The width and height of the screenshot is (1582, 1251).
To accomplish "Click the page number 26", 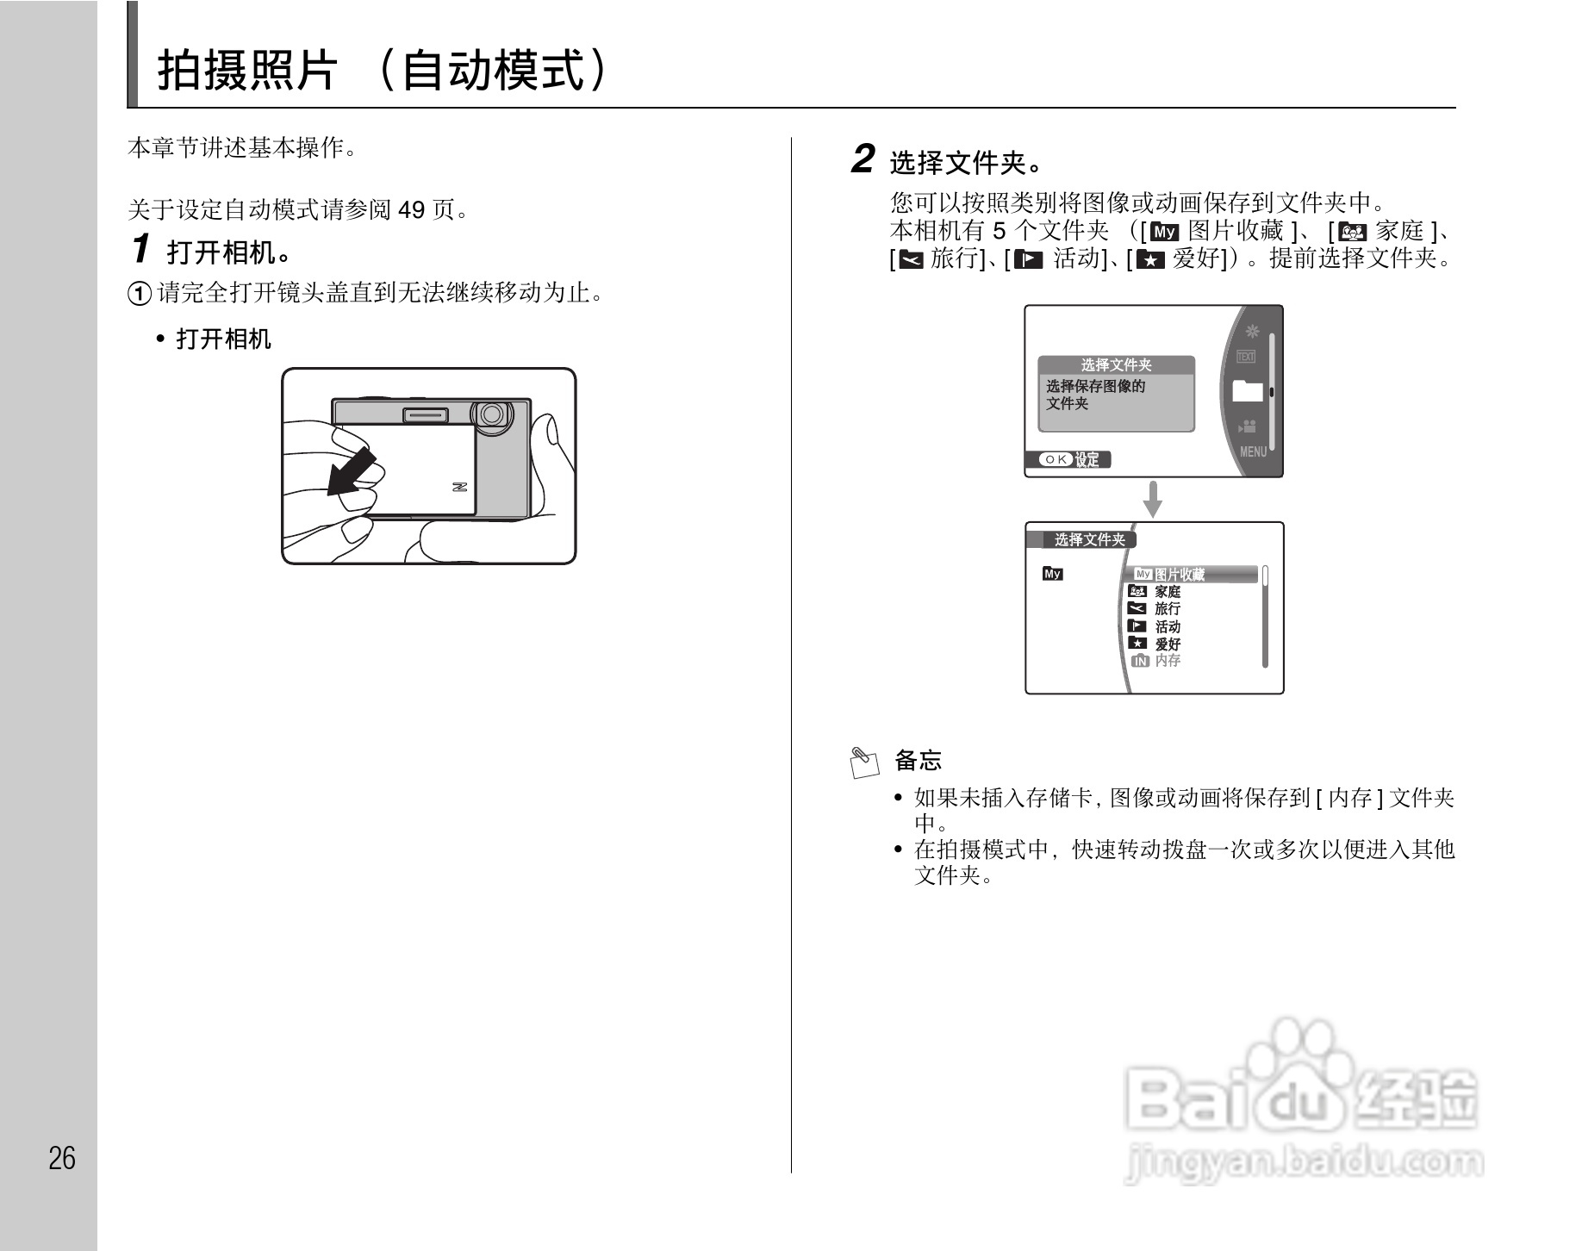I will click(x=62, y=1158).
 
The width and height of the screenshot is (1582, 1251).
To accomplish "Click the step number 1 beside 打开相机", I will click(x=140, y=250).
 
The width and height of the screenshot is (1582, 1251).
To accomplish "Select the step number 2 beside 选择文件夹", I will click(x=863, y=159).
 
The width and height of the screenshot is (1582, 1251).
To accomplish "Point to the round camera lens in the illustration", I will click(x=492, y=414).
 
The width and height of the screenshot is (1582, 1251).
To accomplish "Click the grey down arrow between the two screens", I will click(x=1152, y=500).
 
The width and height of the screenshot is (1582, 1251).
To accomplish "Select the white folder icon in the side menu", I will click(x=1247, y=391).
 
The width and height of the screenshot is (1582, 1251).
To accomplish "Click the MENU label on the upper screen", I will click(x=1253, y=451).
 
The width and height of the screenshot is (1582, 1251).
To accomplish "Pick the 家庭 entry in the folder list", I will click(x=1168, y=592).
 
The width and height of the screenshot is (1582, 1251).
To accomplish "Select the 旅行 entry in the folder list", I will click(x=1168, y=609).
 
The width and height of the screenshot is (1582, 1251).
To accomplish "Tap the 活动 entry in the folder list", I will click(x=1168, y=626).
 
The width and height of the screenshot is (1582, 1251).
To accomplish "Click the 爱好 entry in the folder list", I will click(x=1168, y=644).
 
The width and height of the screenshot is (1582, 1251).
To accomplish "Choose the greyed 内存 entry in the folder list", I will click(x=1168, y=661).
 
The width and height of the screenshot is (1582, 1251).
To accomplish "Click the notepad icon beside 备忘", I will click(x=864, y=762).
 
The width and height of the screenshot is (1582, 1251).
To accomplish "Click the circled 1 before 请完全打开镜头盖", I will click(x=140, y=294).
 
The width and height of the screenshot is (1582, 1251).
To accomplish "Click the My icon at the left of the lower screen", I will click(x=1053, y=574).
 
